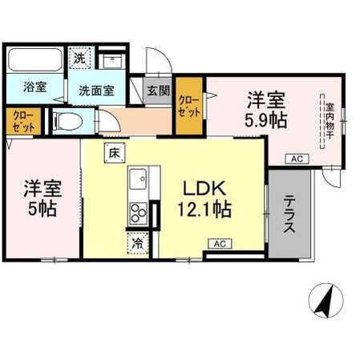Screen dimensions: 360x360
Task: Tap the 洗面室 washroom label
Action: point(95,90)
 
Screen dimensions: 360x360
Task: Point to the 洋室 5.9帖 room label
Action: point(265,111)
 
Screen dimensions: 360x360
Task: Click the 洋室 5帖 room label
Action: point(42,201)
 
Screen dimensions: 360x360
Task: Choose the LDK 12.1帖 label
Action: point(205,200)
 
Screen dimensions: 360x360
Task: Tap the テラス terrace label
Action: point(289,214)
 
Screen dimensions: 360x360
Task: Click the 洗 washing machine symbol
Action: point(79,58)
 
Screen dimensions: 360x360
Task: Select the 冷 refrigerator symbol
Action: point(138,242)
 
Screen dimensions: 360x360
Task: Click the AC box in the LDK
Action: point(220,243)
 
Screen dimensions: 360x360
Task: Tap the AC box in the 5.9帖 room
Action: point(297,158)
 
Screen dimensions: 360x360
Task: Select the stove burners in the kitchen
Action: point(139,212)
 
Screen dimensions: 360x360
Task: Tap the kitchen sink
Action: point(137,176)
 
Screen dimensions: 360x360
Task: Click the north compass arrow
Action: point(325,303)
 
